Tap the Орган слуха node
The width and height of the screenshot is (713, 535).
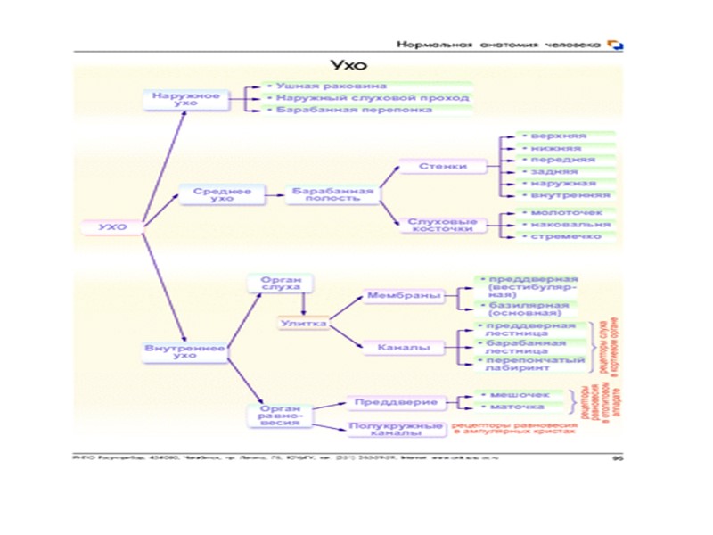281,284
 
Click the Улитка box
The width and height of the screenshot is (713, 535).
304,323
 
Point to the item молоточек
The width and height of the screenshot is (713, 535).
567,213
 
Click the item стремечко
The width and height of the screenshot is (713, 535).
566,236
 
